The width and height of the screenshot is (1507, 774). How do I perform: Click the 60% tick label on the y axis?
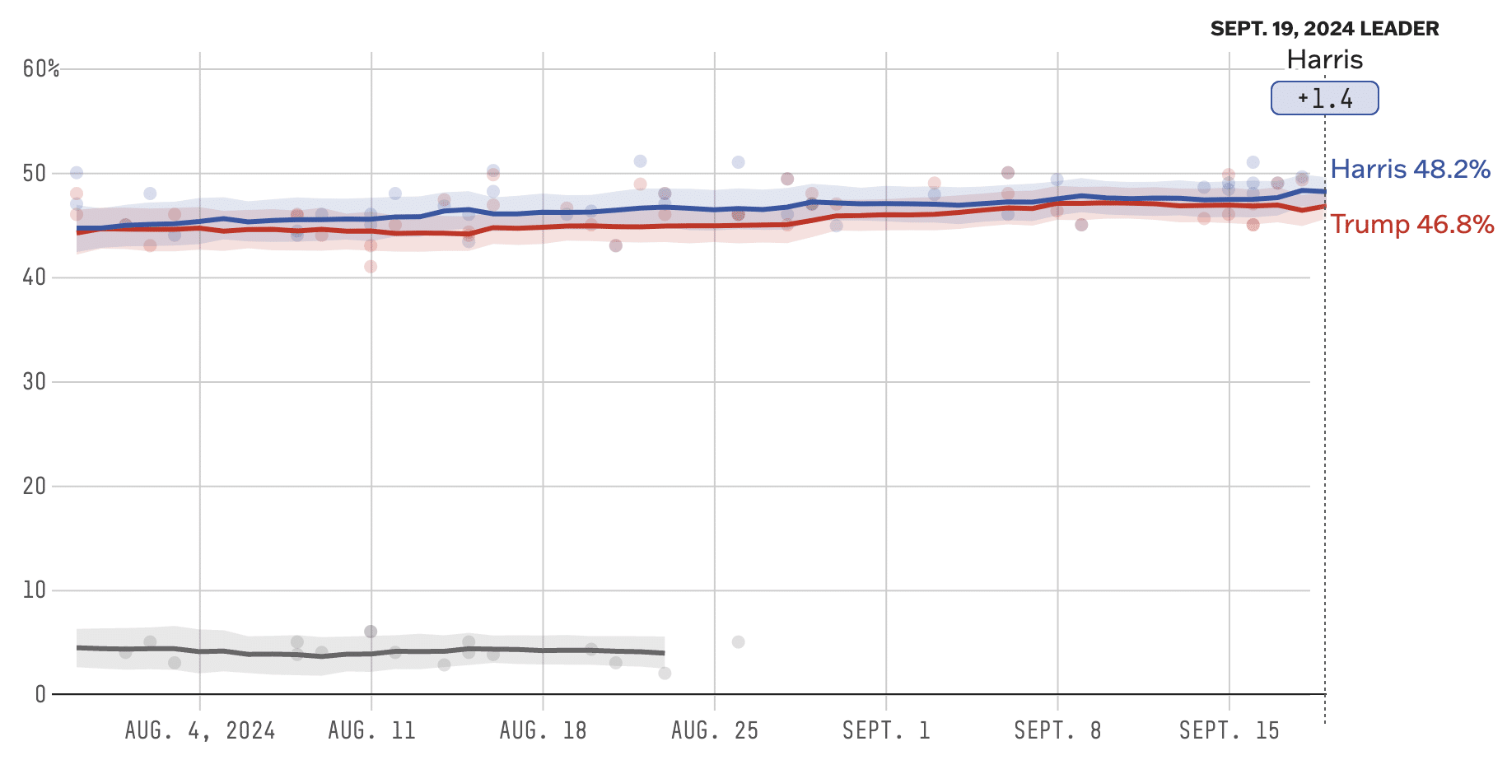click(x=41, y=69)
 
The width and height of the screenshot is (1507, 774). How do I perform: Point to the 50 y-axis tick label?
click(x=35, y=174)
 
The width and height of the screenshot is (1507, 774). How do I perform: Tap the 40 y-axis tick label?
click(x=35, y=277)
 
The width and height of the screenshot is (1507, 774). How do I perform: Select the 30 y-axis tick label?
click(x=35, y=382)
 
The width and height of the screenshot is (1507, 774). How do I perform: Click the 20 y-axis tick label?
click(x=35, y=486)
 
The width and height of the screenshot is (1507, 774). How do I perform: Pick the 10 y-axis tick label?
click(x=35, y=590)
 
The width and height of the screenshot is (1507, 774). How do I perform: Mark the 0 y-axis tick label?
click(x=40, y=694)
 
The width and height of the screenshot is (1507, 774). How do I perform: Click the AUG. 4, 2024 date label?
click(x=200, y=730)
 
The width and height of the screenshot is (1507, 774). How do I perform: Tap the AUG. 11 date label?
click(x=371, y=730)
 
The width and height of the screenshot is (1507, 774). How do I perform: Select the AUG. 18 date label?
click(x=543, y=730)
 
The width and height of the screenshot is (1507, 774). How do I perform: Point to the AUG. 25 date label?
click(x=715, y=730)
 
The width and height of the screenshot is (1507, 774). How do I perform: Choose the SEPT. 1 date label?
click(x=886, y=730)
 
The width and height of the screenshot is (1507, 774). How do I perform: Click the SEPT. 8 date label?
click(x=1057, y=730)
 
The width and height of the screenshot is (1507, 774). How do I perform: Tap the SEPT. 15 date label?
click(x=1229, y=730)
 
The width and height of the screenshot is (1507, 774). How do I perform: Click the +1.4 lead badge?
click(x=1324, y=99)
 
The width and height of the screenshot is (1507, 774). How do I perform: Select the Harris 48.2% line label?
click(x=1410, y=170)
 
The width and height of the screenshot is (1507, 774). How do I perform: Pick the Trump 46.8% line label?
click(x=1411, y=224)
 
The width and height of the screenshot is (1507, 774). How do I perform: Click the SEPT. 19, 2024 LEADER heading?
click(x=1324, y=29)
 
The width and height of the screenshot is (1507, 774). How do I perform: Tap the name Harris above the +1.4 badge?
click(x=1324, y=59)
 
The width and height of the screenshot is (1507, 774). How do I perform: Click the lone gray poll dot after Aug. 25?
click(x=738, y=642)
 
